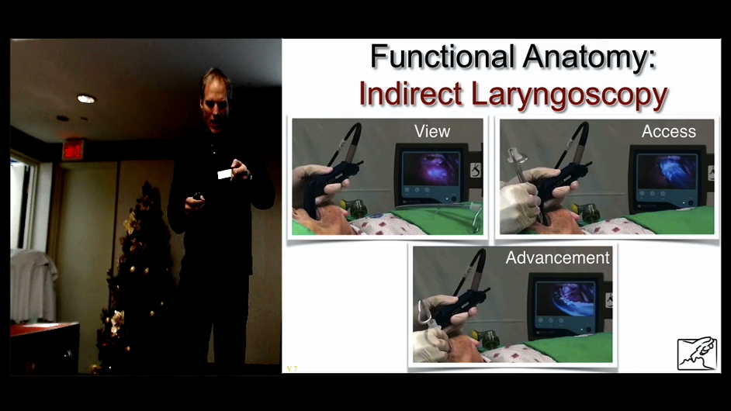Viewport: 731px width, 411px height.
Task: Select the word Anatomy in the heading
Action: [x=589, y=57]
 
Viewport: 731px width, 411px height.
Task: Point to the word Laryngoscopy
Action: [x=570, y=96]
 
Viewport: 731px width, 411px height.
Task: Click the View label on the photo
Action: [x=432, y=131]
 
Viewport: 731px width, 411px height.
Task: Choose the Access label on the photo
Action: [x=668, y=131]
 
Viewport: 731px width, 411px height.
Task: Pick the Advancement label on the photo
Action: [x=558, y=257]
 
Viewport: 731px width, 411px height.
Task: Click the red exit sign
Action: [x=73, y=150]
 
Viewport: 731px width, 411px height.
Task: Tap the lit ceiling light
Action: [x=86, y=98]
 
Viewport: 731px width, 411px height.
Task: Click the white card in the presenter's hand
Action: [x=224, y=174]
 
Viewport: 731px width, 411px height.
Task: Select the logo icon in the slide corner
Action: [x=697, y=353]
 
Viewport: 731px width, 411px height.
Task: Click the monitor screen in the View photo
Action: [x=431, y=170]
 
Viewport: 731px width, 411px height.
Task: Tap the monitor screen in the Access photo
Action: [x=667, y=171]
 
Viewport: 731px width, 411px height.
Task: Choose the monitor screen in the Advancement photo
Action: [x=566, y=299]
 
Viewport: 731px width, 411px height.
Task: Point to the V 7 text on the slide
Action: [x=293, y=368]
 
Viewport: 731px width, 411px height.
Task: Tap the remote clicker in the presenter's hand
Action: [x=197, y=196]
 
